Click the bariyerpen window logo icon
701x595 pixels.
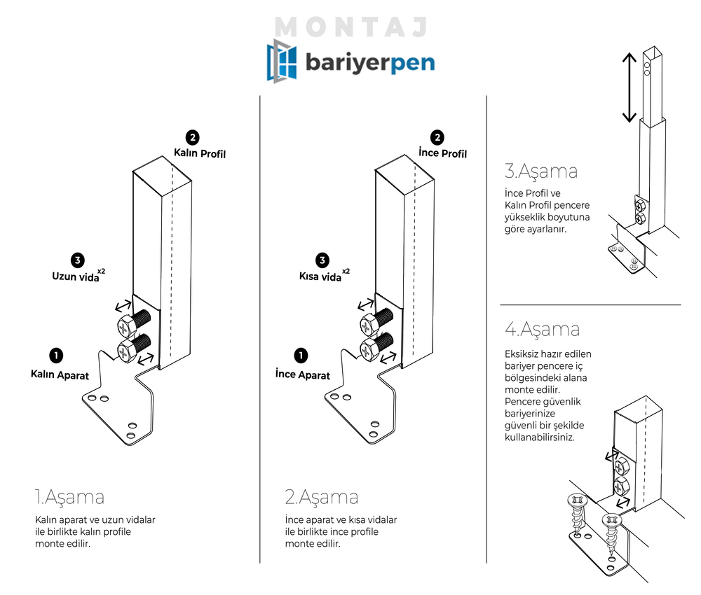[x=280, y=62]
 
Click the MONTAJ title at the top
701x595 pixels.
[x=351, y=27]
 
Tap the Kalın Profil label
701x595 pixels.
[x=200, y=153]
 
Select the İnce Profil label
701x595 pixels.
[x=442, y=153]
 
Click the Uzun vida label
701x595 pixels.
[x=75, y=276]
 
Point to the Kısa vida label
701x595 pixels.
[x=320, y=276]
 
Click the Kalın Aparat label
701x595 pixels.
[x=60, y=374]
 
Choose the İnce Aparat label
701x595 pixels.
[x=303, y=374]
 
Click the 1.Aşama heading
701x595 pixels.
[x=69, y=498]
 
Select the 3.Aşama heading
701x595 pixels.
[x=540, y=171]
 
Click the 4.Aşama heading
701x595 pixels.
[x=542, y=328]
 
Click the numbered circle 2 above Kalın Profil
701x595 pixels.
[x=192, y=137]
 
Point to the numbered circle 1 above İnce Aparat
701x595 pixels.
[x=301, y=356]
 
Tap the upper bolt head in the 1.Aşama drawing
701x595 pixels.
[x=125, y=326]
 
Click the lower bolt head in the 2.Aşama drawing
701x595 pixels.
[x=370, y=348]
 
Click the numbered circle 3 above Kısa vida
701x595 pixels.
[x=322, y=260]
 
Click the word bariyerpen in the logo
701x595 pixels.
[x=369, y=63]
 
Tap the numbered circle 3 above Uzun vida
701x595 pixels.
[x=78, y=260]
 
